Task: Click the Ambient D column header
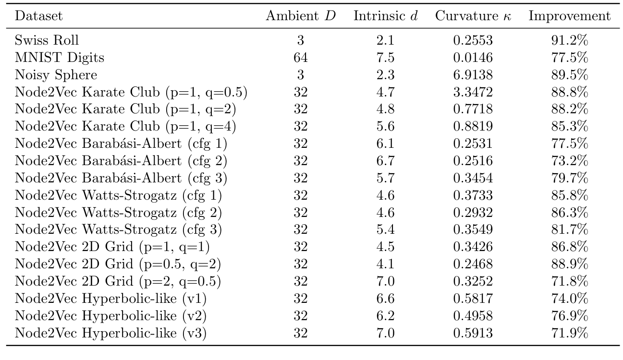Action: pos(301,16)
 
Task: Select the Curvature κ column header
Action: pos(473,16)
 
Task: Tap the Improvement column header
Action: pos(570,16)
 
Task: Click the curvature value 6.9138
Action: pos(473,75)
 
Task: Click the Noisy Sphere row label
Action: pos(56,75)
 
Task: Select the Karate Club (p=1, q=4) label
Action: pos(125,126)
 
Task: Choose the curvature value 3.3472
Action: pos(473,92)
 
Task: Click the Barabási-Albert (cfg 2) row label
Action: pos(121,161)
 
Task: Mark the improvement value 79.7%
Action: pos(570,178)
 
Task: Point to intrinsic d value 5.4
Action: pos(385,229)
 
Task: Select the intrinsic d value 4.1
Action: pos(385,264)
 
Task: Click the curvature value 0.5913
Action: pos(473,333)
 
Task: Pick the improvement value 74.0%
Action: pos(570,298)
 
